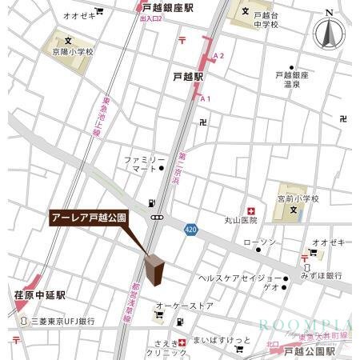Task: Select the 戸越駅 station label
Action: (x=188, y=77)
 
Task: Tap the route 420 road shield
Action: (x=190, y=229)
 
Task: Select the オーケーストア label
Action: (x=184, y=306)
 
